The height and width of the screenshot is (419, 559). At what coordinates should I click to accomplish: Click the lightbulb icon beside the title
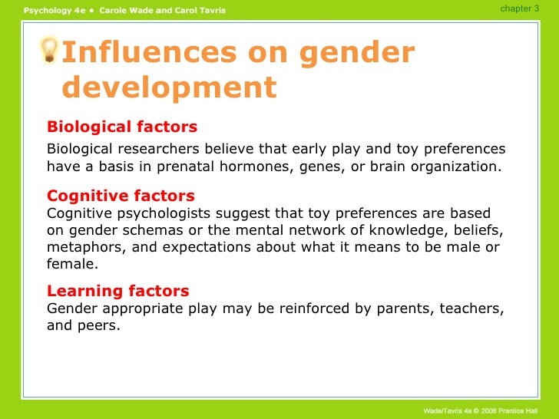tap(50, 50)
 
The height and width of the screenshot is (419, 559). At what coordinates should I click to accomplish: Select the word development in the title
tap(168, 87)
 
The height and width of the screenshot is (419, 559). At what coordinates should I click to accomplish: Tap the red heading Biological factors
tap(122, 127)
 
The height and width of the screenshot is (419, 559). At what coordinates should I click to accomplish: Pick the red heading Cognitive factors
tap(121, 196)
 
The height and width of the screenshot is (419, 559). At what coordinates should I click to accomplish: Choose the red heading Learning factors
tap(117, 291)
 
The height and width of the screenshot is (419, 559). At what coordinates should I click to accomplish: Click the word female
tap(71, 264)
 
